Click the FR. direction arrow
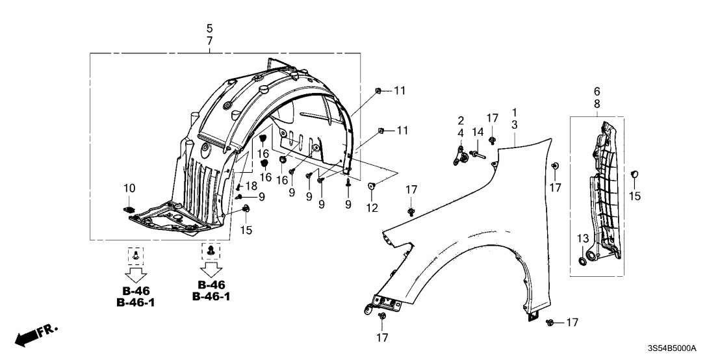(x=36, y=335)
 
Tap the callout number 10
(x=129, y=188)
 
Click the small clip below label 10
(x=129, y=209)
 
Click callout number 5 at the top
(x=209, y=29)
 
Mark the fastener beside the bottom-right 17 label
(x=550, y=322)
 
